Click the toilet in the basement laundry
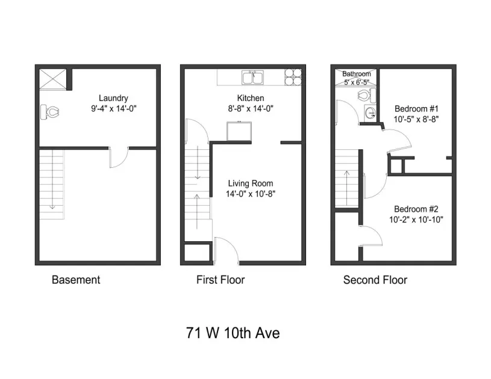(50, 112)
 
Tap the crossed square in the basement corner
(52, 79)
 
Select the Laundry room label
(113, 99)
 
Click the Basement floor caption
(76, 280)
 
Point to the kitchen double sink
(253, 78)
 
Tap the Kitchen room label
(251, 99)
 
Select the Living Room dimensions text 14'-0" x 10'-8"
(251, 194)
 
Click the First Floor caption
(220, 280)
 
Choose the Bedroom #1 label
(416, 109)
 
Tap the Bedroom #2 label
(416, 209)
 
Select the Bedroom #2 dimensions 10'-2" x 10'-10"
(416, 220)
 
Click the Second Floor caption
(375, 280)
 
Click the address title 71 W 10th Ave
(233, 333)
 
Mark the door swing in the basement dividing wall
(119, 156)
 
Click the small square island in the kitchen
(239, 130)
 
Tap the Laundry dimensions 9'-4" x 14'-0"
(113, 109)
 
